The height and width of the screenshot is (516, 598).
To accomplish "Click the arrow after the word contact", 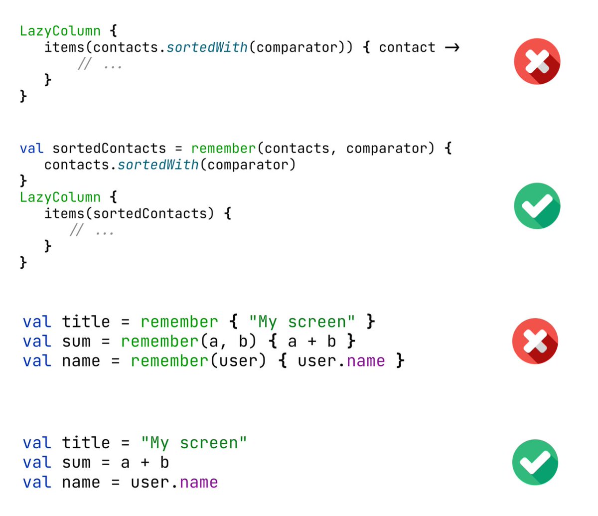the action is tap(451, 48).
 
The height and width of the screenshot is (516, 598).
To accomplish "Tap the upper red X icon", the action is tap(537, 61).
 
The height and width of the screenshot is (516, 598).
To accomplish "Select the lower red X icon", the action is tap(536, 341).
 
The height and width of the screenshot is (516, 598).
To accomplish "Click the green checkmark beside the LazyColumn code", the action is tap(537, 206).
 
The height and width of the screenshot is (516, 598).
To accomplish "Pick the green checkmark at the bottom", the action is tap(536, 462).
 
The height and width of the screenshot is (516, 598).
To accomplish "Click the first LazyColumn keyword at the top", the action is tap(60, 31).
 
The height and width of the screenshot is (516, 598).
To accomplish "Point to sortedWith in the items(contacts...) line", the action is tap(207, 47).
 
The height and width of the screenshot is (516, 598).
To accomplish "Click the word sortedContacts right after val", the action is tap(109, 149).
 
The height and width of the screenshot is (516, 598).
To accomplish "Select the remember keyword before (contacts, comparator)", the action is tap(223, 149).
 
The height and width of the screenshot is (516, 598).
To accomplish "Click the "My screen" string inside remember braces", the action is tap(302, 322).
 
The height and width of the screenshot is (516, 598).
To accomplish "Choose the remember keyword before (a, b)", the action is tap(159, 342).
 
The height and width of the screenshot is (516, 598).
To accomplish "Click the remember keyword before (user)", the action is tap(169, 361).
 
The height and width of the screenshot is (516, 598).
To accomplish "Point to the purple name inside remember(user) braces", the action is tap(366, 361).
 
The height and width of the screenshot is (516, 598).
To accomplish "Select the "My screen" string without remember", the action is tap(194, 443).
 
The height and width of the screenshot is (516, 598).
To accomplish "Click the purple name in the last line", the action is tap(199, 483).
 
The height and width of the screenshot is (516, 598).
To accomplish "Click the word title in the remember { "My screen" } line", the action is tap(86, 322).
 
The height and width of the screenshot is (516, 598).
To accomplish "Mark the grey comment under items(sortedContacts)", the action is tap(92, 230).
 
